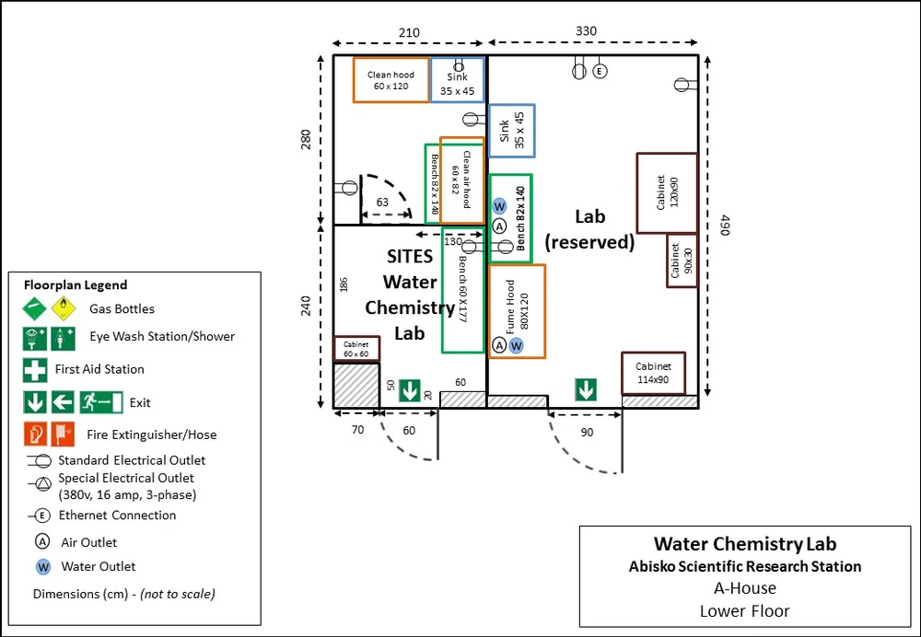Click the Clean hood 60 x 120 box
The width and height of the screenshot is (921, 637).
click(x=391, y=80)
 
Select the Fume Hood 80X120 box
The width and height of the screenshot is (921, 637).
click(x=517, y=311)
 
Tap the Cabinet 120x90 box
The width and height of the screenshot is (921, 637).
click(x=665, y=192)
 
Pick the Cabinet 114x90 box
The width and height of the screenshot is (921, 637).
click(x=653, y=373)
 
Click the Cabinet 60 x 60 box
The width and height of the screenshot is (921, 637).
click(x=356, y=349)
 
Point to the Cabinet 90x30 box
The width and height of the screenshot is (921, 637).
click(x=682, y=261)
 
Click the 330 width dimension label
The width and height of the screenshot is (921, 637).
click(x=586, y=30)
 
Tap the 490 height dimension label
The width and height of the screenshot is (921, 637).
click(x=725, y=226)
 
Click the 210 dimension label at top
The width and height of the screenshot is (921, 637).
click(x=409, y=32)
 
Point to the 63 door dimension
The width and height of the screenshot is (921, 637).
click(x=382, y=202)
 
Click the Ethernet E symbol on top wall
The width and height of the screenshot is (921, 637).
click(x=600, y=71)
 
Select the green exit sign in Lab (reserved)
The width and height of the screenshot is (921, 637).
click(x=586, y=390)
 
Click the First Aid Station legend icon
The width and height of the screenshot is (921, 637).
click(x=35, y=369)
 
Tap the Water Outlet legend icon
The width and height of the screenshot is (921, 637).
click(x=42, y=566)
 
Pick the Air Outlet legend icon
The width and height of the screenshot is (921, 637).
click(x=42, y=542)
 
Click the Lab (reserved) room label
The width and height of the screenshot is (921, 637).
click(x=589, y=229)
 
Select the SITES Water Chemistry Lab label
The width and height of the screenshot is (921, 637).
click(x=409, y=295)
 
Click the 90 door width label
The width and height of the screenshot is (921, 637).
click(x=586, y=431)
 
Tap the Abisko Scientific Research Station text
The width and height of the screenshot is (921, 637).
click(x=744, y=566)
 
